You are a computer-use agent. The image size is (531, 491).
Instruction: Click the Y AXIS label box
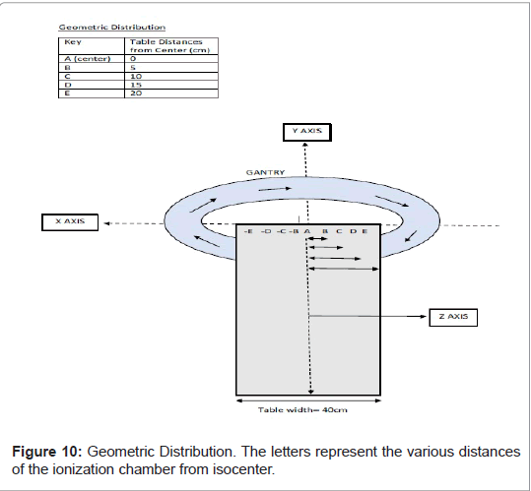click(307, 132)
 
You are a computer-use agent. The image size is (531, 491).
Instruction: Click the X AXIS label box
click(70, 222)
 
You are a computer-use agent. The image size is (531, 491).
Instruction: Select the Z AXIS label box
click(453, 317)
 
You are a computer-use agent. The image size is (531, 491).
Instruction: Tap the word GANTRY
click(266, 172)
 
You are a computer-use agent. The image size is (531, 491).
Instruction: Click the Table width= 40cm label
click(302, 410)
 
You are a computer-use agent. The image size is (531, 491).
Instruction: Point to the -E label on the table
click(248, 231)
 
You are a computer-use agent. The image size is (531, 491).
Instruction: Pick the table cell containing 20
click(171, 93)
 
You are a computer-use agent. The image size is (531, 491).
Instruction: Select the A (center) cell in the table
click(92, 59)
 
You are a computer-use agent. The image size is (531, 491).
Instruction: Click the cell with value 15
click(171, 85)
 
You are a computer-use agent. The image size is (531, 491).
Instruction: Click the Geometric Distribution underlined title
click(112, 27)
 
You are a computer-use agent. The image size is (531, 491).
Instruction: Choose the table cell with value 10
click(171, 76)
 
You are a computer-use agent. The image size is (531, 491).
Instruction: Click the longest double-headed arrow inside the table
click(344, 269)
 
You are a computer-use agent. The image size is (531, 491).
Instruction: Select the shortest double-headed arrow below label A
click(317, 239)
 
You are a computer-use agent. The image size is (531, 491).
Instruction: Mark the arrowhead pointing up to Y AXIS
click(305, 146)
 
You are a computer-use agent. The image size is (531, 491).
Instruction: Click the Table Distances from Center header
click(171, 46)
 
